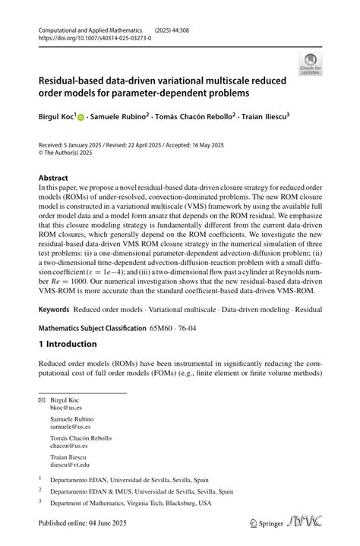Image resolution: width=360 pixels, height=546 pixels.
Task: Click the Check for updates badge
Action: coord(310,64)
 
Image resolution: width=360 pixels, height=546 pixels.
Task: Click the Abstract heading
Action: coord(53,178)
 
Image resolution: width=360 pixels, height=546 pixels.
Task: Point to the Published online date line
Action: coord(86,522)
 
